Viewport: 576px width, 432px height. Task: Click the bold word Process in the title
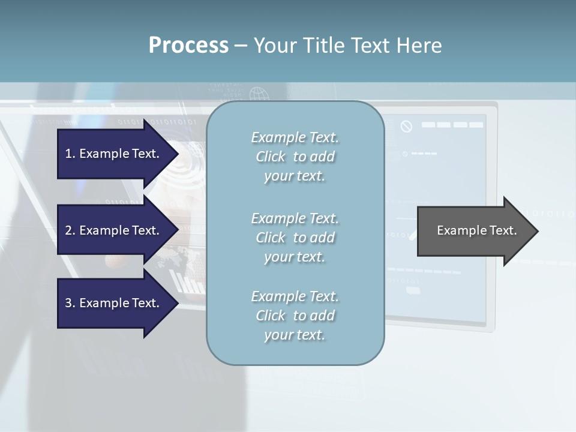pyautogui.click(x=188, y=46)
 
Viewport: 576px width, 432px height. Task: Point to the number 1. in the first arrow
pyautogui.click(x=70, y=154)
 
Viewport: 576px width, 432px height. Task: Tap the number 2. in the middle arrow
pyautogui.click(x=70, y=230)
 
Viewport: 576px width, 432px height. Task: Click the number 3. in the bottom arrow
pyautogui.click(x=70, y=303)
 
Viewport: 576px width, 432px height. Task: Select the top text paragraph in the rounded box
pyautogui.click(x=295, y=157)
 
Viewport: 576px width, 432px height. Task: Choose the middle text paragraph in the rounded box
pyautogui.click(x=295, y=238)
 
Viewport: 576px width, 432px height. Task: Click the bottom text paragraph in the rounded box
pyautogui.click(x=295, y=316)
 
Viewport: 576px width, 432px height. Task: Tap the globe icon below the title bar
pyautogui.click(x=259, y=94)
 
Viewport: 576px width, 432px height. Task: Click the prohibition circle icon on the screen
pyautogui.click(x=406, y=127)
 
